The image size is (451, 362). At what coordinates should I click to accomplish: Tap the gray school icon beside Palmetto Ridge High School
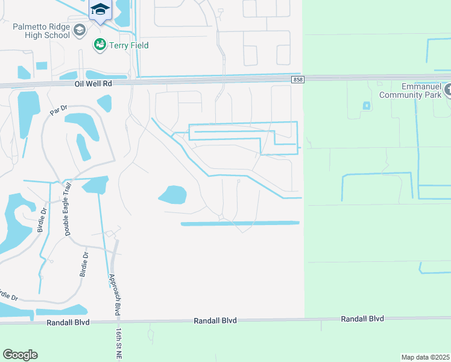pos(79,30)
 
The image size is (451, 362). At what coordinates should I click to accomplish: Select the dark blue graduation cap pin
pos(100,10)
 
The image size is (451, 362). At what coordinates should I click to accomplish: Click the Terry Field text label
pos(128,45)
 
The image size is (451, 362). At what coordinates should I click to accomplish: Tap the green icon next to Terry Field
pos(99,45)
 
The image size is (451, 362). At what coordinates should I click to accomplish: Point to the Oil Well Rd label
pos(94,84)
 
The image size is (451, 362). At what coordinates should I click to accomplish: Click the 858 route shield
pos(297,80)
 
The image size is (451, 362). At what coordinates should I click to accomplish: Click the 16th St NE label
pos(119,345)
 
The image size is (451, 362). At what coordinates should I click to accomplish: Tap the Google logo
pos(20,355)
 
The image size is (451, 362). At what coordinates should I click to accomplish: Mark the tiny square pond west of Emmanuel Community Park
pos(366,106)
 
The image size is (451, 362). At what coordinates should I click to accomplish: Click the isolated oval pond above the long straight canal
pos(173,194)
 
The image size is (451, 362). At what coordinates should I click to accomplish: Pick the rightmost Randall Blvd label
pos(362,318)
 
